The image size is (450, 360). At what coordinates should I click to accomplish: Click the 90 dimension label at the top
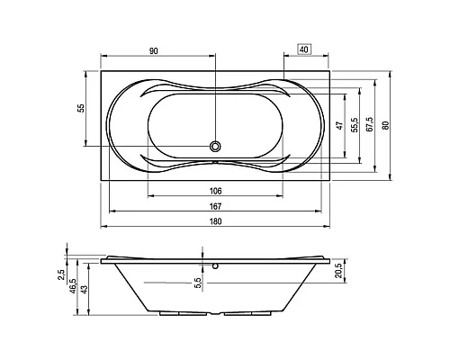pyautogui.click(x=153, y=51)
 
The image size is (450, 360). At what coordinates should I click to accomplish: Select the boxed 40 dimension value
pyautogui.click(x=304, y=49)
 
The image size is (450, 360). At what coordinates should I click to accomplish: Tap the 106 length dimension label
pyautogui.click(x=215, y=191)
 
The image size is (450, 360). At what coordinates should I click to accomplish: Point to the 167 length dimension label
pyautogui.click(x=215, y=206)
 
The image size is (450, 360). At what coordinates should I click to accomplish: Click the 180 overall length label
pyautogui.click(x=215, y=221)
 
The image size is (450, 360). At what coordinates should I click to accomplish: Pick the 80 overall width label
pyautogui.click(x=386, y=125)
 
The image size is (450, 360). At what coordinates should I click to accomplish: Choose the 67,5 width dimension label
pyautogui.click(x=369, y=124)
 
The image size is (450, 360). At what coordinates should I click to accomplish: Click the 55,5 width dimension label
pyautogui.click(x=355, y=125)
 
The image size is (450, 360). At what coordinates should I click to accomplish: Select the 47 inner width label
pyautogui.click(x=339, y=125)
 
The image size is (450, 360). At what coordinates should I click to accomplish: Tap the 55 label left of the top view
pyautogui.click(x=81, y=108)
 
